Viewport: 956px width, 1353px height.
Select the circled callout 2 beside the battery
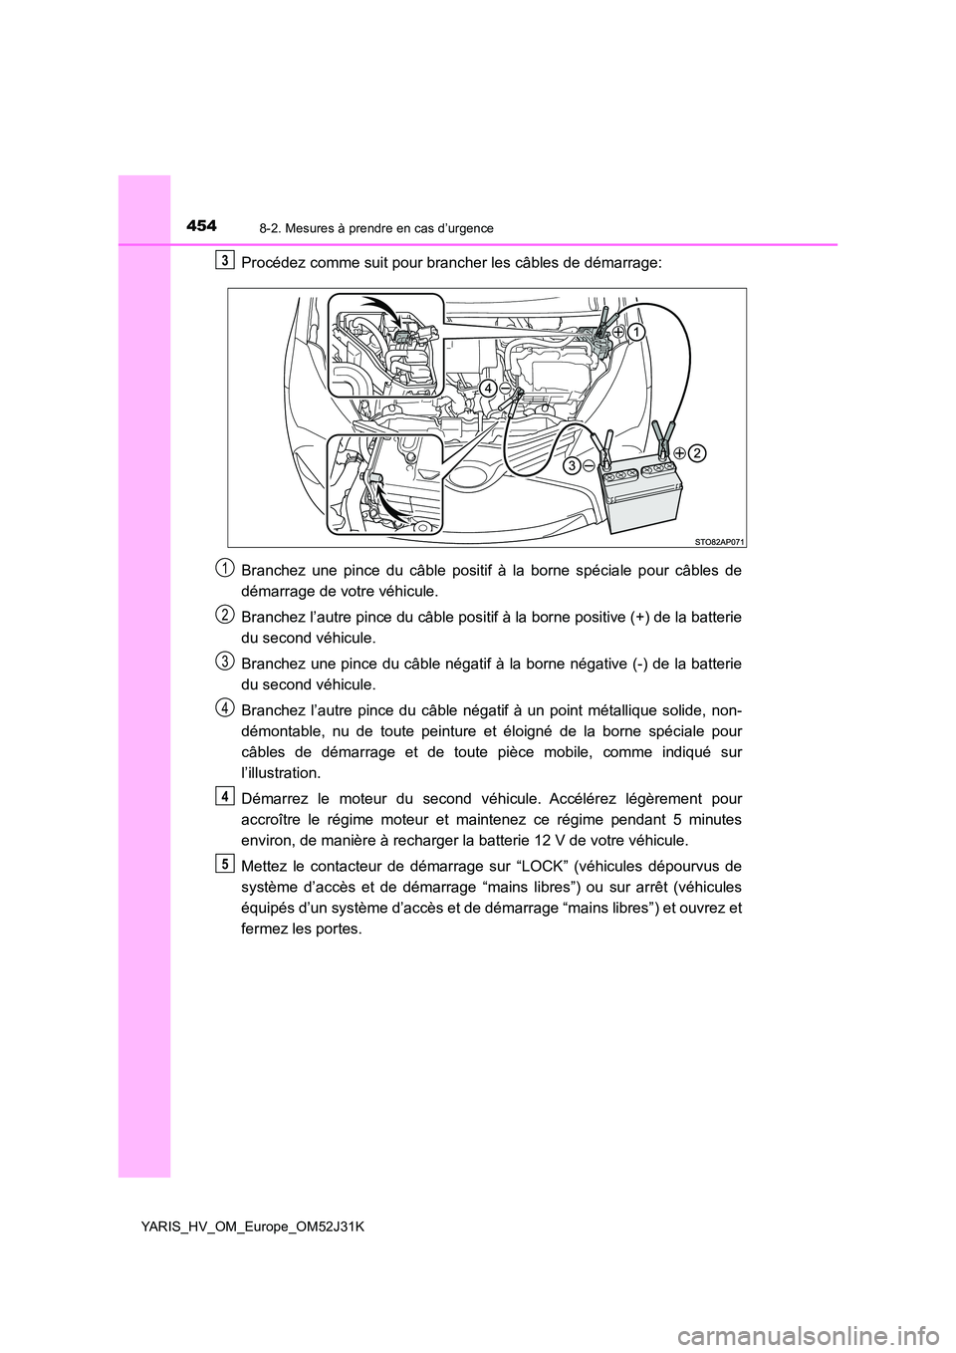(696, 452)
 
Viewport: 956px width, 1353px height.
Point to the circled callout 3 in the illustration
(572, 464)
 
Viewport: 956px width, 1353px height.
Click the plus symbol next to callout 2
(678, 452)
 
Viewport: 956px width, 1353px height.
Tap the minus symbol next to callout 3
(590, 464)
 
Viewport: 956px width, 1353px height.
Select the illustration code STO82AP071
(719, 539)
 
